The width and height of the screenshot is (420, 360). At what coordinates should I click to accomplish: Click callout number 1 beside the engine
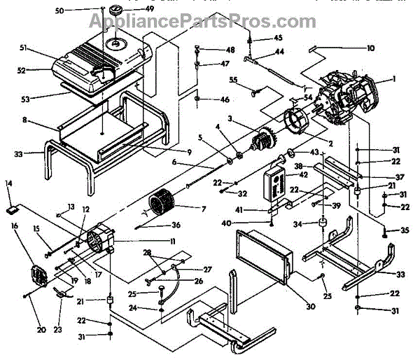point(394,79)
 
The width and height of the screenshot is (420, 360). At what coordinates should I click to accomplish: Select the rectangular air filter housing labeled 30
point(264,258)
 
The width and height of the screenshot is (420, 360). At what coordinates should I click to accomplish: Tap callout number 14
point(9,184)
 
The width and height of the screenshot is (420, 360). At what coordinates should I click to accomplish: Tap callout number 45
point(278,37)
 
